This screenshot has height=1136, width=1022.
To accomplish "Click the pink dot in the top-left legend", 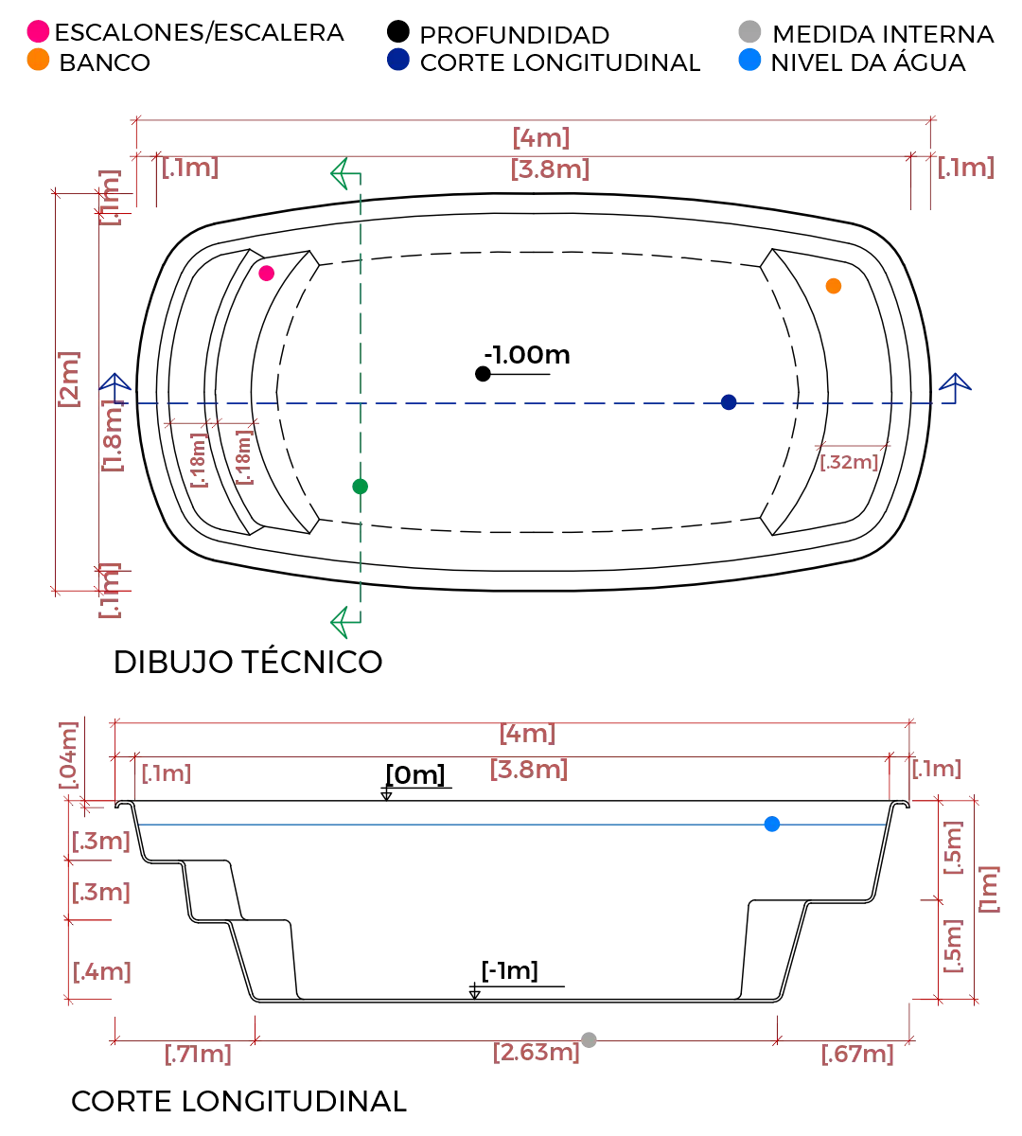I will pos(38,31).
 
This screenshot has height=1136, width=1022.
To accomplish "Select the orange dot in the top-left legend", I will pos(38,60).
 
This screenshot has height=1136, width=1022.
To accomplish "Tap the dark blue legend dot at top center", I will pos(398,60).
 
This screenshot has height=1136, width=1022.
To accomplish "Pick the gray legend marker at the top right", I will pos(749,31).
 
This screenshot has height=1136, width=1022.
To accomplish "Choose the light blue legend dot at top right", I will pos(749,61).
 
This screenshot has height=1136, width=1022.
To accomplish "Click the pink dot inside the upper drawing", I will pos(266,274).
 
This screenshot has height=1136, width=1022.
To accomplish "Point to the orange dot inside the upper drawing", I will pos(834,285).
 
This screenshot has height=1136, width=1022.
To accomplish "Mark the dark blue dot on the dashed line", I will pos(728,403).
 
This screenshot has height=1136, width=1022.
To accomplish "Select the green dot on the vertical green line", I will pos(360,488).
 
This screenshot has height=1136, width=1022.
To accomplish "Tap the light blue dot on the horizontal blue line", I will pos(771,824).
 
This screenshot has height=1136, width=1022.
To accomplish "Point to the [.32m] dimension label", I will pos(848,463).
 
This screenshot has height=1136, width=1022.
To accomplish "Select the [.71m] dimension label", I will pos(197,1054).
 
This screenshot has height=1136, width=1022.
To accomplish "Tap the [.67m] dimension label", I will pos(855,1054).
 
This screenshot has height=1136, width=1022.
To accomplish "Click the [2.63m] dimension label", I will pos(536,1053).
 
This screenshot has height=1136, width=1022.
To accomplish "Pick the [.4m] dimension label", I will pos(102,972).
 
